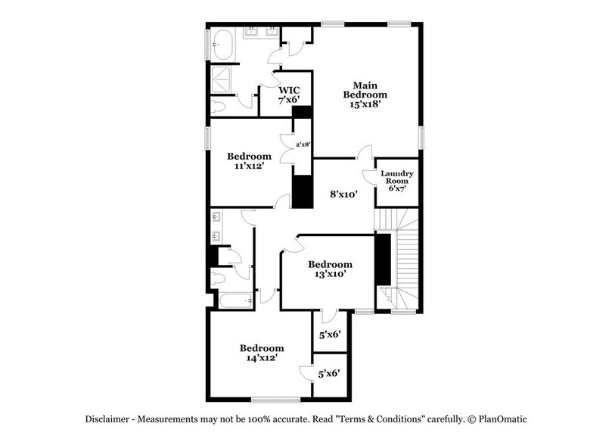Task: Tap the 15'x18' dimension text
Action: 365,105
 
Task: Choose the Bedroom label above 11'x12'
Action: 249,157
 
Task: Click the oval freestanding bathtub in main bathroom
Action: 223,45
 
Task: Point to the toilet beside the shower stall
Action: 219,106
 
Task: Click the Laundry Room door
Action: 369,176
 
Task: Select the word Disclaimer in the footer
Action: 105,419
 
